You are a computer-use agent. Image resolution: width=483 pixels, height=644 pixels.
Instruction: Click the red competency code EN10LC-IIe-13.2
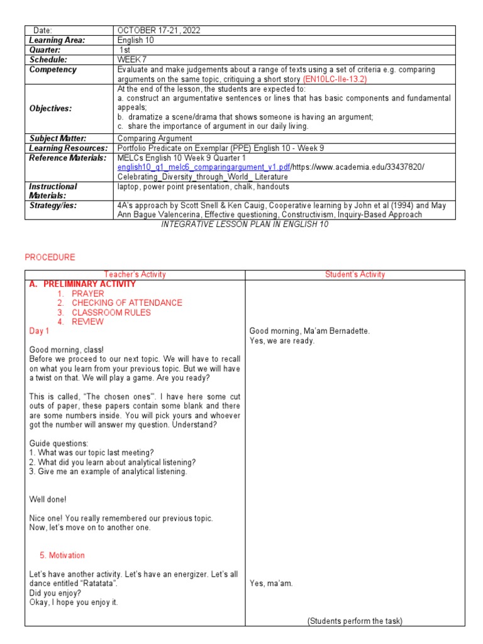[335, 79]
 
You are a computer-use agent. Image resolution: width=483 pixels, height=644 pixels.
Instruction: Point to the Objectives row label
[51, 108]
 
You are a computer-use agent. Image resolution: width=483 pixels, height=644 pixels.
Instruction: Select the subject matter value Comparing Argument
[155, 138]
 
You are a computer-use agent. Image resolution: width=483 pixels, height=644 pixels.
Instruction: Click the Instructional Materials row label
[53, 191]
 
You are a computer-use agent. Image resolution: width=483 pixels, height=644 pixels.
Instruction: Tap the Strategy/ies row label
[53, 206]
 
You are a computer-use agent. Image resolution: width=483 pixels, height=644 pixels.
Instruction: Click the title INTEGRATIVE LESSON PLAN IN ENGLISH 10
[245, 225]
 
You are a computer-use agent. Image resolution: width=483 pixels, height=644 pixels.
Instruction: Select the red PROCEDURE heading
[50, 257]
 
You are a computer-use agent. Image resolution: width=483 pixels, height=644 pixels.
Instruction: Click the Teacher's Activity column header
[135, 275]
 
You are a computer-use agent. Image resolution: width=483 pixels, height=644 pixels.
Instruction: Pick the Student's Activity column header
[355, 275]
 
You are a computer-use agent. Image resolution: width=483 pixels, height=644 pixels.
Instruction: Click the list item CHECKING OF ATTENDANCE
[126, 303]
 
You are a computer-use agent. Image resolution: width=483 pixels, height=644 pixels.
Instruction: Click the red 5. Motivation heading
[62, 556]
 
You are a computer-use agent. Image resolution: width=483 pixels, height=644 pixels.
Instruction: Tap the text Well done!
[48, 499]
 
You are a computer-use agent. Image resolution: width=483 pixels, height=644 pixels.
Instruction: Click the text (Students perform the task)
[355, 621]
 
